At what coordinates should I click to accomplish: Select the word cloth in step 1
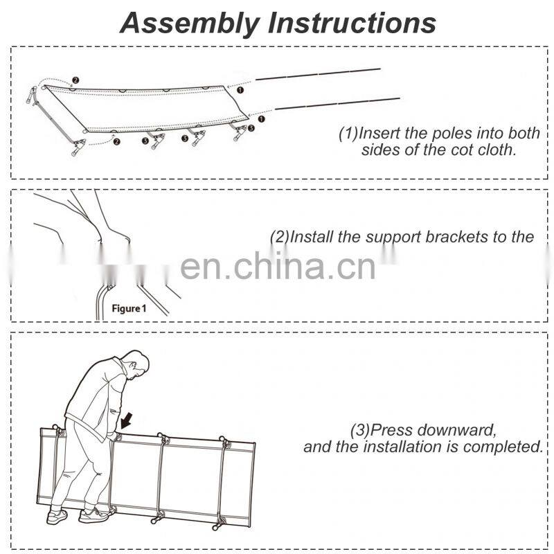(497, 150)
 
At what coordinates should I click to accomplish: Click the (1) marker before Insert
(348, 133)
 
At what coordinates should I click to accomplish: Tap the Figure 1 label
(129, 308)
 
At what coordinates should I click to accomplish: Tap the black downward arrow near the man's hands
(126, 420)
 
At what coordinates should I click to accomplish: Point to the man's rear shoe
(55, 517)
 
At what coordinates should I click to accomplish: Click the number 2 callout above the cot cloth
(75, 80)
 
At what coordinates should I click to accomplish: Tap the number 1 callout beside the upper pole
(240, 89)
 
